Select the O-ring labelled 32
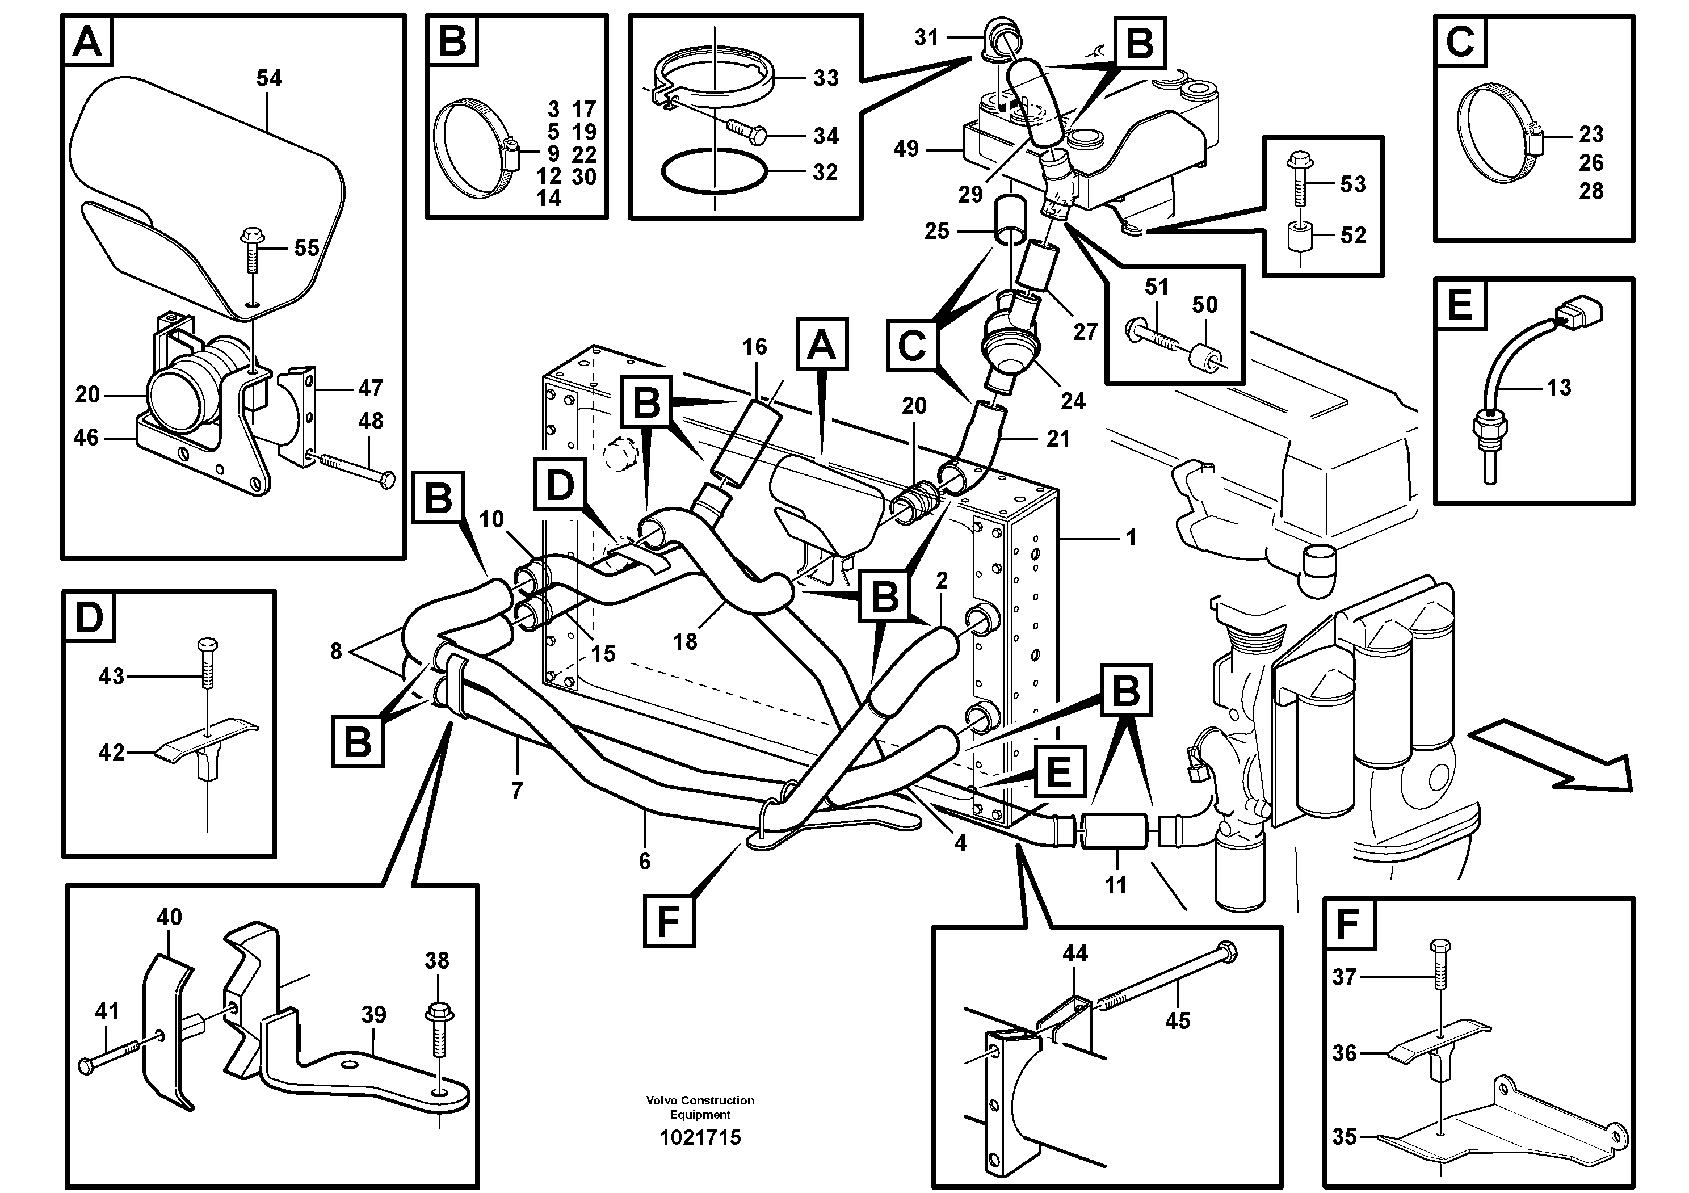(x=713, y=171)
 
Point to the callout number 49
(x=906, y=149)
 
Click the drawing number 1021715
(x=700, y=1138)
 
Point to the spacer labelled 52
(x=1300, y=236)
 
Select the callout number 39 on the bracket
(x=373, y=1015)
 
